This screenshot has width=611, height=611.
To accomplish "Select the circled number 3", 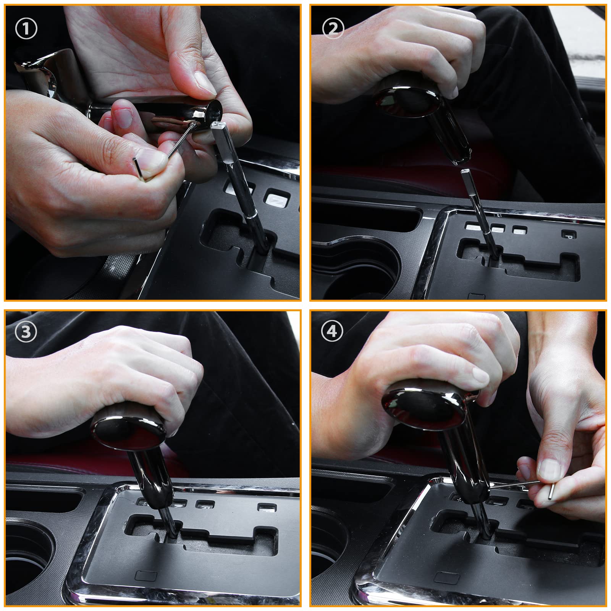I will pos(26,332).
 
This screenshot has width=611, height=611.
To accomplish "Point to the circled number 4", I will pos(332,331).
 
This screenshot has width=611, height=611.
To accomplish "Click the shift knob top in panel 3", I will pos(128,426).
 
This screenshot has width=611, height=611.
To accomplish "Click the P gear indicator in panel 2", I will pos(568,234).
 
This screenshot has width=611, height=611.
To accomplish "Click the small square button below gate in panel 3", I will pos(144,575).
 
